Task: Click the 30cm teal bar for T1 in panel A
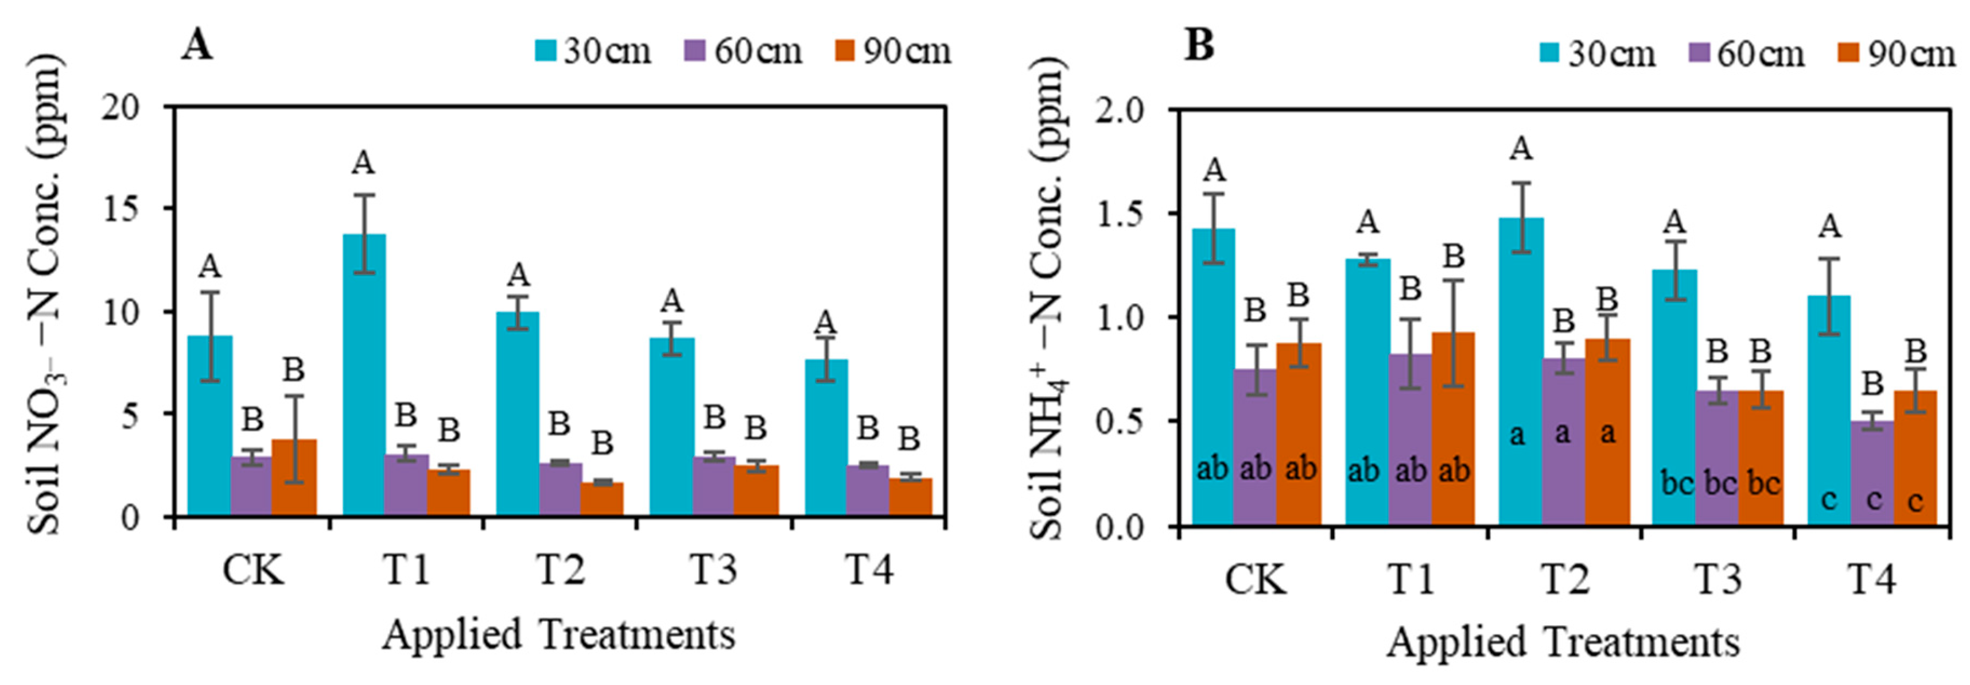point(364,375)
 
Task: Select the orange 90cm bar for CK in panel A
point(294,478)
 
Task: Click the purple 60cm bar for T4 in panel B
point(1872,473)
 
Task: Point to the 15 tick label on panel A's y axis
point(122,209)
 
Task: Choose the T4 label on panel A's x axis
point(869,570)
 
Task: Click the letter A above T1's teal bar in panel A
point(363,162)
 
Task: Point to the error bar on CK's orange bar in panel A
point(295,439)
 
